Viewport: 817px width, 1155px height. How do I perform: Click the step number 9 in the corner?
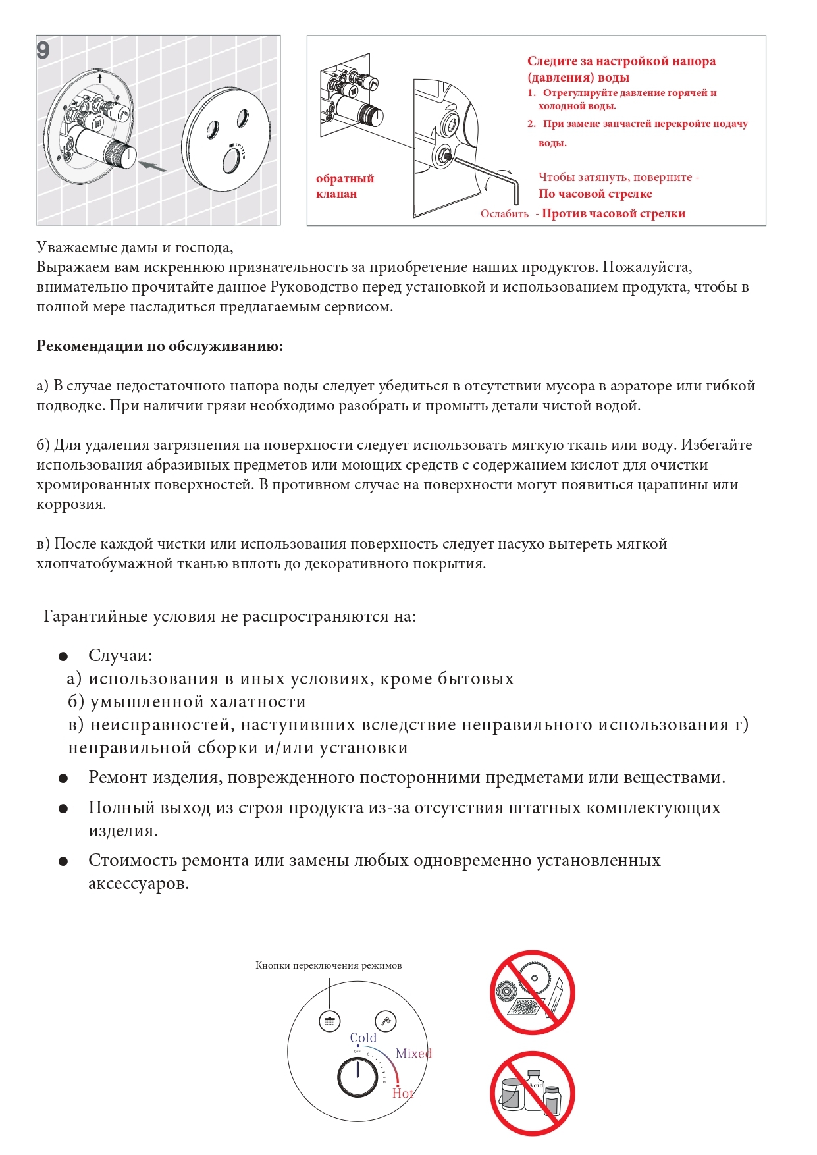pyautogui.click(x=43, y=51)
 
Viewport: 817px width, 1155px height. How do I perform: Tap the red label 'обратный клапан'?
pyautogui.click(x=344, y=186)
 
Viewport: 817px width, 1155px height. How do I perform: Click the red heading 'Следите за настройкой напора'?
pyautogui.click(x=621, y=61)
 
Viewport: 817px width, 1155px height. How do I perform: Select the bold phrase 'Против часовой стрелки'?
pyautogui.click(x=613, y=213)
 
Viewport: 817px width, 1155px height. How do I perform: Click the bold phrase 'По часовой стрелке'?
pyautogui.click(x=595, y=194)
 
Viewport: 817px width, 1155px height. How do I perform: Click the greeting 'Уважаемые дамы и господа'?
pyautogui.click(x=134, y=248)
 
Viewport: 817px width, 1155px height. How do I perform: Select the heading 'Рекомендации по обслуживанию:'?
pyautogui.click(x=159, y=346)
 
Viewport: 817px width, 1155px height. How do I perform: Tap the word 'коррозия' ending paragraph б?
pyautogui.click(x=70, y=505)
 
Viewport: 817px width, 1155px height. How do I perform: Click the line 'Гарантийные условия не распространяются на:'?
pyautogui.click(x=230, y=616)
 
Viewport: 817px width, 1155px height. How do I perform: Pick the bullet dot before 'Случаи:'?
pyautogui.click(x=63, y=657)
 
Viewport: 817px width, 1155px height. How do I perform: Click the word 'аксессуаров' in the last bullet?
pyautogui.click(x=138, y=884)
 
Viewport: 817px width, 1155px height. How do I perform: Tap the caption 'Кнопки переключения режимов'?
pyautogui.click(x=329, y=965)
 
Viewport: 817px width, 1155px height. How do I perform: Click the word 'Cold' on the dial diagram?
pyautogui.click(x=363, y=1038)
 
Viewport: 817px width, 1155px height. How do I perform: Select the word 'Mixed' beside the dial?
pyautogui.click(x=413, y=1053)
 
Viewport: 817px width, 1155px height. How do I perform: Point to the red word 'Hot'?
pyautogui.click(x=402, y=1093)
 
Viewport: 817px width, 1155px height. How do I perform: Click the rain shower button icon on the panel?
pyautogui.click(x=329, y=1021)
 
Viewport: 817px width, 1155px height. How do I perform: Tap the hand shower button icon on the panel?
pyautogui.click(x=386, y=1021)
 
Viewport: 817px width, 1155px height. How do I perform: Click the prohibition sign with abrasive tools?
pyautogui.click(x=532, y=992)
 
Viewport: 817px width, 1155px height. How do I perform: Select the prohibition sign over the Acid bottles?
pyautogui.click(x=532, y=1093)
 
